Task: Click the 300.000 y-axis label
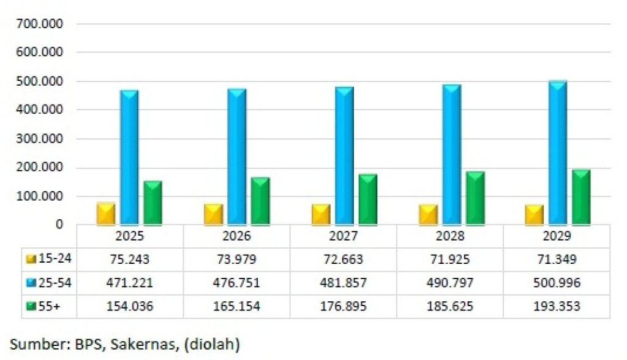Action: (43, 139)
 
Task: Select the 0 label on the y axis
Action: (59, 225)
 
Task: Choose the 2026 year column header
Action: (236, 237)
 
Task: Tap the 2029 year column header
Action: (557, 237)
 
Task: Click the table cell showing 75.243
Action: (129, 259)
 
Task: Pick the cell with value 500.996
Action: (557, 282)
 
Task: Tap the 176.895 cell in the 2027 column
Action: (344, 306)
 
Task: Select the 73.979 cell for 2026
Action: (236, 259)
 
